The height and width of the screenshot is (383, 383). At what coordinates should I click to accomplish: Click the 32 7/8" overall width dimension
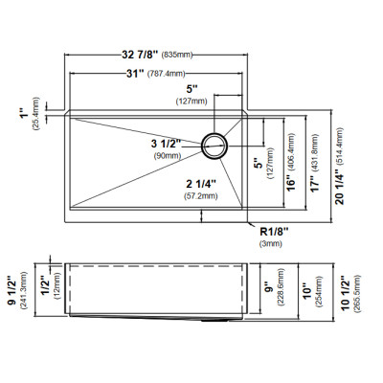[x=140, y=55]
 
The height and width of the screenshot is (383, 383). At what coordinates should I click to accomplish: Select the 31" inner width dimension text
[x=135, y=74]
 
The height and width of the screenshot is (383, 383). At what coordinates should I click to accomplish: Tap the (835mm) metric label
[x=177, y=55]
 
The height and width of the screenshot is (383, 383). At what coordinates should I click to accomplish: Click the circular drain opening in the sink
[x=214, y=146]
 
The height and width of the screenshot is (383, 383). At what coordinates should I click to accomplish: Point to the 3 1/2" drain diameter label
[x=166, y=144]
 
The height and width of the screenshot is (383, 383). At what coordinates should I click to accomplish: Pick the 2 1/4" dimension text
[x=201, y=184]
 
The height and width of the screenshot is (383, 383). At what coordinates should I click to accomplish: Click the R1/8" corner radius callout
[x=274, y=231]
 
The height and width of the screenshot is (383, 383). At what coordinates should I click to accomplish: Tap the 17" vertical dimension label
[x=315, y=184]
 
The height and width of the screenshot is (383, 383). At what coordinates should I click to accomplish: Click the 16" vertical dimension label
[x=291, y=184]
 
